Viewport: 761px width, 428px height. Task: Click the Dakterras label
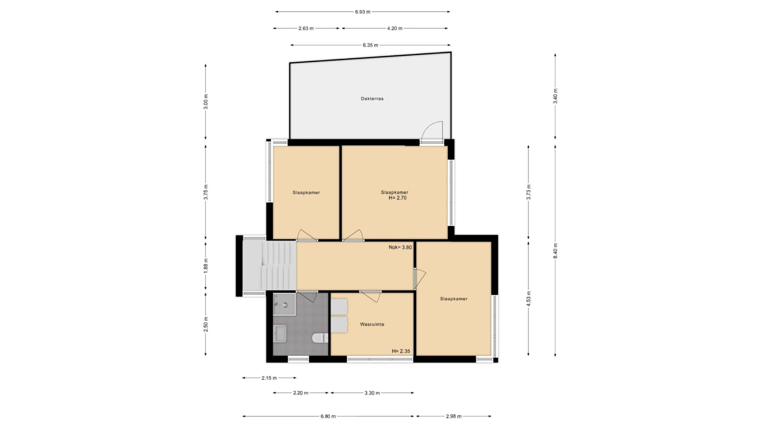(x=372, y=99)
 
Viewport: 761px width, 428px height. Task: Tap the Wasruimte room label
(x=372, y=324)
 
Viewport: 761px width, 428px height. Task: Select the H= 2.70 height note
(x=398, y=198)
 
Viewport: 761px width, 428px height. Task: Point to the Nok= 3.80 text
(x=400, y=247)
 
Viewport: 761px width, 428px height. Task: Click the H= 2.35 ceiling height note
(x=401, y=351)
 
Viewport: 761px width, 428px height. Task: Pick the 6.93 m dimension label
(x=363, y=12)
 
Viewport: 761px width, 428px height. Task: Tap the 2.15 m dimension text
(x=269, y=378)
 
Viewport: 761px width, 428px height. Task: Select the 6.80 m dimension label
(x=328, y=417)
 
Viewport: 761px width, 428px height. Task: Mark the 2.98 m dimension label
(x=453, y=417)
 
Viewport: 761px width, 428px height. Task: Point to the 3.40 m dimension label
(x=555, y=96)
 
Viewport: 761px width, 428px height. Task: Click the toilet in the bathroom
(x=320, y=338)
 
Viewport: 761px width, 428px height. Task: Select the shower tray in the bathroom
(x=284, y=304)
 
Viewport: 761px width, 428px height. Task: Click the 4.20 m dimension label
(x=395, y=28)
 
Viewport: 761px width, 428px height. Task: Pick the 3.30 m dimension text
(x=372, y=393)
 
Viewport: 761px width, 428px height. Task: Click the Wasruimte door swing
(x=370, y=297)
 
